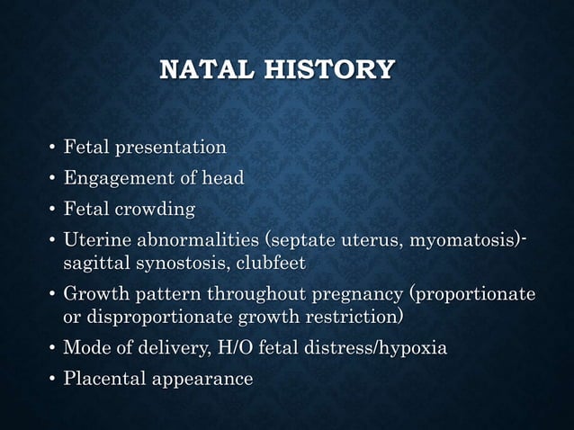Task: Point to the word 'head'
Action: click(222, 178)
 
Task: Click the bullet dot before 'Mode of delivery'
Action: click(50, 349)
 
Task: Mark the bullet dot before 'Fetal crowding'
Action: click(50, 211)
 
